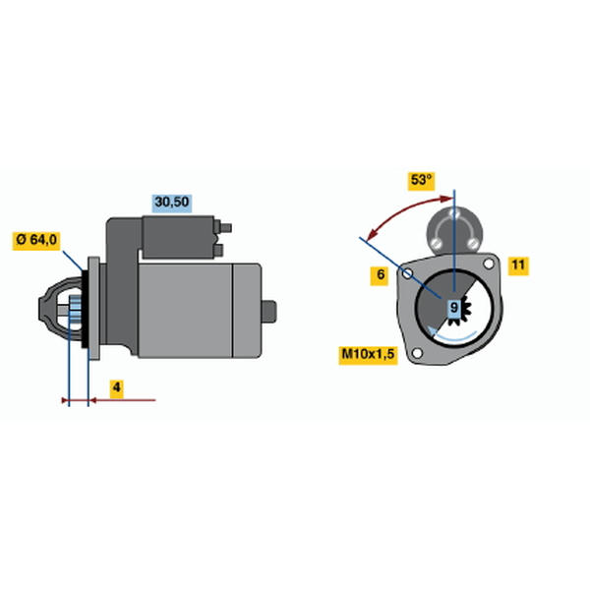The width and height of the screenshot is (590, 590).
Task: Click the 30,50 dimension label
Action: [x=172, y=203]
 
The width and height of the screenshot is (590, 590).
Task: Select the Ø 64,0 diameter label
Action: [x=36, y=240]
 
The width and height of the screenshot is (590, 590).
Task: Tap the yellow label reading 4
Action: [x=117, y=387]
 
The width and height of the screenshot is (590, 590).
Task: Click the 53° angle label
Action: [x=421, y=180]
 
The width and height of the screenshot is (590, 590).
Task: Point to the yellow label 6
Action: [x=380, y=275]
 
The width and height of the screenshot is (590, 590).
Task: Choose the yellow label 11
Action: [x=518, y=265]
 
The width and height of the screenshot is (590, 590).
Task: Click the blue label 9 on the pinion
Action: [x=454, y=308]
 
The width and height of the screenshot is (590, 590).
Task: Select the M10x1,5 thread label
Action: [x=368, y=354]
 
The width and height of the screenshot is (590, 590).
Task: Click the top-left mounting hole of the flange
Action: [x=407, y=273]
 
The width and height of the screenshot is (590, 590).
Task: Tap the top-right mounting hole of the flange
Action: [x=489, y=264]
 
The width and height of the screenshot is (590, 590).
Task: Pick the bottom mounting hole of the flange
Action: [x=417, y=353]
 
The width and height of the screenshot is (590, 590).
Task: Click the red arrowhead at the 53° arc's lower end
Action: [x=372, y=235]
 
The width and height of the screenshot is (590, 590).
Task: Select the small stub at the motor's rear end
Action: [x=269, y=311]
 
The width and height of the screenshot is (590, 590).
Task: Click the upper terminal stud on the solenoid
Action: [x=225, y=228]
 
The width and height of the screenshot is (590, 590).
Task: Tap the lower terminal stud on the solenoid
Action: [x=218, y=250]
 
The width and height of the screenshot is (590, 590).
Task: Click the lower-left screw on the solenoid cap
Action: [x=437, y=243]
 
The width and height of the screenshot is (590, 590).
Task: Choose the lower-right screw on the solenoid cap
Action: [x=473, y=244]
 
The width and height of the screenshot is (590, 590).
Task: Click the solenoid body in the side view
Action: [x=178, y=237]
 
